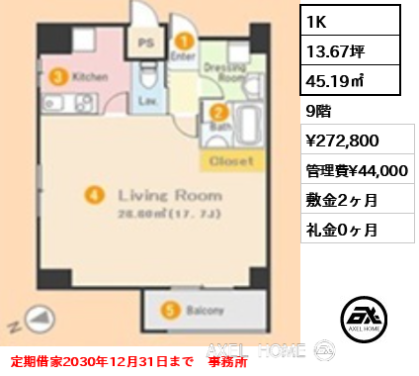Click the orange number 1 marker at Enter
pos(183,42)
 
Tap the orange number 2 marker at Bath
pos(213,112)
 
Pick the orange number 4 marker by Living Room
pos(93,195)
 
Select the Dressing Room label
pos(223,71)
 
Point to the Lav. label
pos(145,101)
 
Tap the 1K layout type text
pos(318,20)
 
